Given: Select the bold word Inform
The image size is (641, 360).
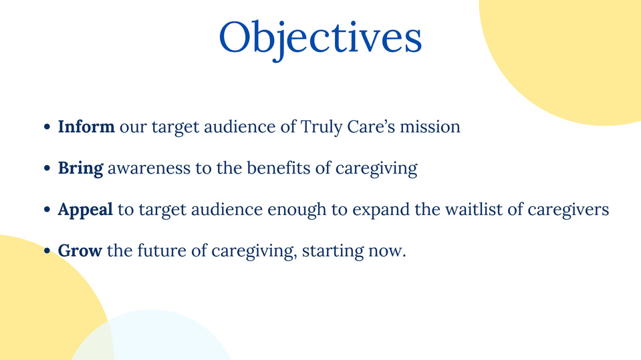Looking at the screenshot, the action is pos(86,127).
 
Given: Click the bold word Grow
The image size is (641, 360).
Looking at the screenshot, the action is pos(80,250).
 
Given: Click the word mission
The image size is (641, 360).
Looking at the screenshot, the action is pos(430,127).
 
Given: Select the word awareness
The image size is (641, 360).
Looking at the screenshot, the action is pos(149,168).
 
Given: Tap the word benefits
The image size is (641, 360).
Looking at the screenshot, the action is pos(279,168).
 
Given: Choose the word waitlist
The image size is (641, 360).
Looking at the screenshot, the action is pos(474,209).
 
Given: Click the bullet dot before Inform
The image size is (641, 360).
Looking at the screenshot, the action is pos(47,127).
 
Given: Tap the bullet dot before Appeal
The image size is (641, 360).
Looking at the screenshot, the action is pos(47,210).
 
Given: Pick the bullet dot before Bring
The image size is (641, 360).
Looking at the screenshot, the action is pos(47,168).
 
